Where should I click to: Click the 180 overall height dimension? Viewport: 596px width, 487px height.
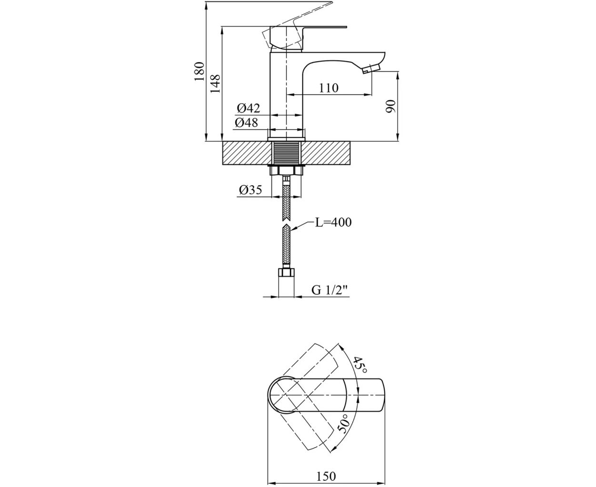point(199,71)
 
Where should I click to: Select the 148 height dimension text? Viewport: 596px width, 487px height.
point(216,84)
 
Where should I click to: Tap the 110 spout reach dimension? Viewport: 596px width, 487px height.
point(328,88)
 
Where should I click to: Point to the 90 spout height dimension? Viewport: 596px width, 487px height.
point(391,106)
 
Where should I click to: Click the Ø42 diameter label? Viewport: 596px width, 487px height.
point(248,108)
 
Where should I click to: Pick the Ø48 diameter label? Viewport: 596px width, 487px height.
point(247,123)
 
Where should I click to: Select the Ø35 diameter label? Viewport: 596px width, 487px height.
point(251,190)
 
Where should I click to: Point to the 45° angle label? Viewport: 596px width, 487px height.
point(360,364)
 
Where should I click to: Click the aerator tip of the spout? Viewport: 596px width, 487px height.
point(371,69)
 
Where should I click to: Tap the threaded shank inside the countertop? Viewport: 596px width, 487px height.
point(286,153)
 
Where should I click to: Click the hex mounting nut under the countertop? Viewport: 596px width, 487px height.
point(286,170)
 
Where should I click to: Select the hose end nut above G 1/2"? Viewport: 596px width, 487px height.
point(286,273)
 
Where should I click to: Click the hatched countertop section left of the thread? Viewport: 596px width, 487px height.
point(247,153)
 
